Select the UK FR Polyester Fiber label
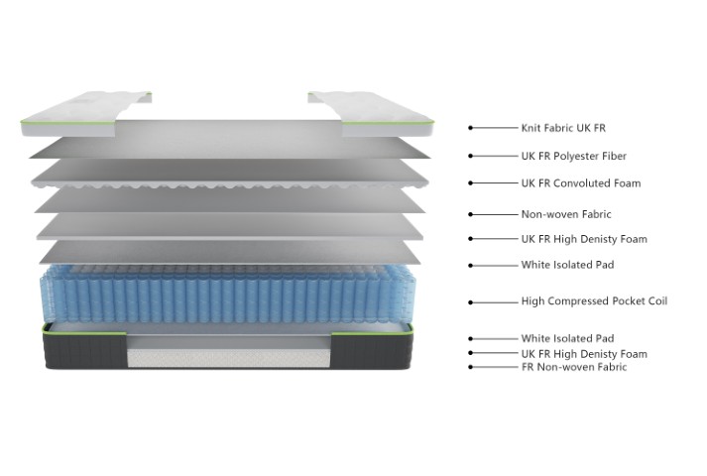(574, 156)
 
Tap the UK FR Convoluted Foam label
(581, 183)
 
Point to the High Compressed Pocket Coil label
(594, 300)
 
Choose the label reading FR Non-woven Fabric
(574, 367)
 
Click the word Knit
(531, 128)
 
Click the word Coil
(654, 300)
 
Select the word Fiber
(614, 156)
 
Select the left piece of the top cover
(74, 119)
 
